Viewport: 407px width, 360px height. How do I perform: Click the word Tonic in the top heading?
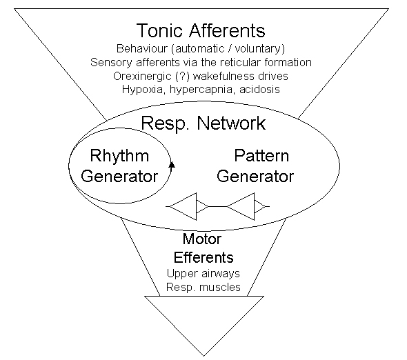coord(159,30)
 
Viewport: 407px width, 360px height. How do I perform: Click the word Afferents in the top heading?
coord(227,30)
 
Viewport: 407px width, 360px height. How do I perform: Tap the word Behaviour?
coord(141,48)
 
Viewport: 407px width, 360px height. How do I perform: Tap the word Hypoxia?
coord(143,90)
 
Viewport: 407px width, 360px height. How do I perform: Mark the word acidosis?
coord(259,89)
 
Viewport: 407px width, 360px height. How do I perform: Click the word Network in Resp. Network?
coord(231,123)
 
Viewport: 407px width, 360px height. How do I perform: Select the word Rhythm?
coord(119,156)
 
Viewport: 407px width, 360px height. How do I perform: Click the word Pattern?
coord(261,156)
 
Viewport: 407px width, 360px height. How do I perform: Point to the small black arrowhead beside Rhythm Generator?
coord(172,165)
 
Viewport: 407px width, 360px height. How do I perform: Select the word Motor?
coord(202,239)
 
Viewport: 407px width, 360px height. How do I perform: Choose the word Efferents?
coord(203,257)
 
